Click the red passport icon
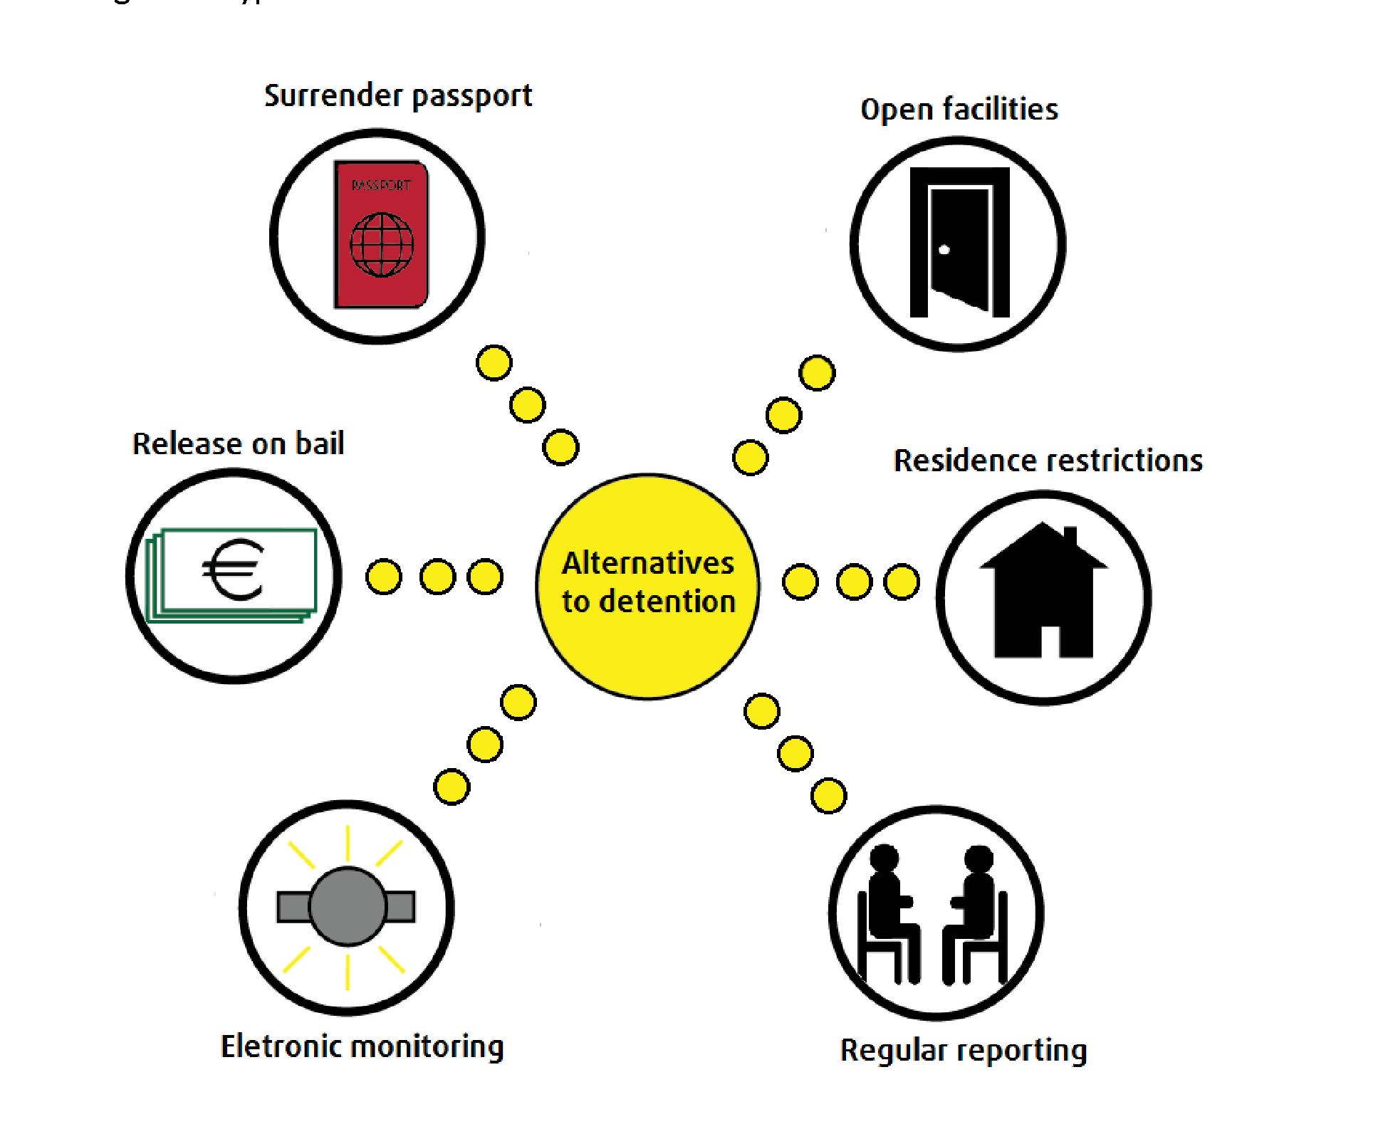[x=381, y=235]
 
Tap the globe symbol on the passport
[x=382, y=245]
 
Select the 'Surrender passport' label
[x=398, y=96]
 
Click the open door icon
[x=959, y=242]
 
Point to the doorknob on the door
[x=944, y=250]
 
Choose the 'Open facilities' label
[x=959, y=110]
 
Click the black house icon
[x=1043, y=591]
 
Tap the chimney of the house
[x=1070, y=537]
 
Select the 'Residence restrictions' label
[x=1048, y=461]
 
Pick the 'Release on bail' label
[x=239, y=443]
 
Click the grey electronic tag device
[x=347, y=906]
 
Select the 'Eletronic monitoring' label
[x=362, y=1046]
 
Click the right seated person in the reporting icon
[x=976, y=911]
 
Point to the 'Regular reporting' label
[x=964, y=1051]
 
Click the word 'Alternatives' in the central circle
[x=647, y=563]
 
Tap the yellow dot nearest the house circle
[x=902, y=582]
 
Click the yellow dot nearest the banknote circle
[x=384, y=577]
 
